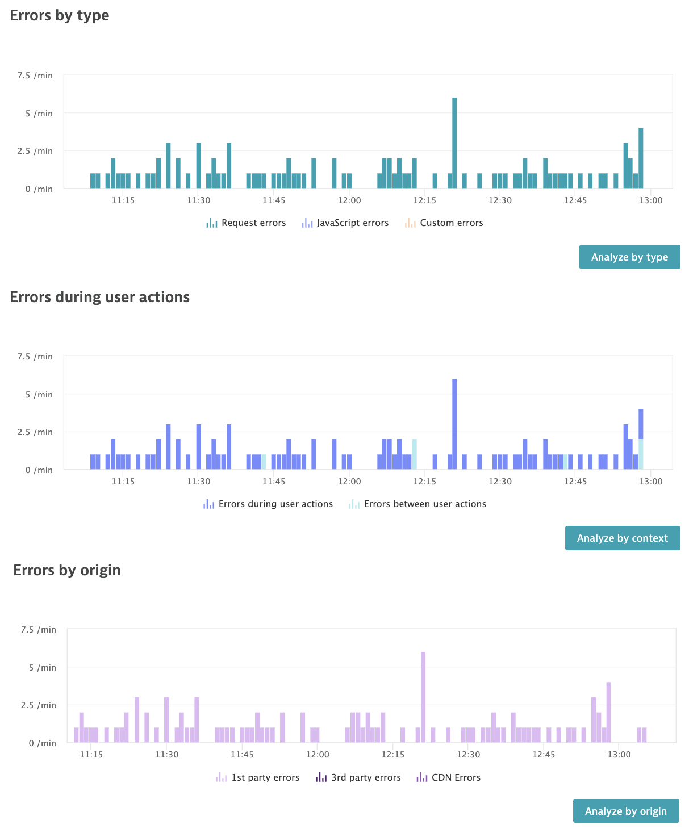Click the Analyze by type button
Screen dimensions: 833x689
(x=629, y=257)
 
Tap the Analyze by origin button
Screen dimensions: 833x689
(x=625, y=811)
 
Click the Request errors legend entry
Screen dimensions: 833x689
(x=246, y=223)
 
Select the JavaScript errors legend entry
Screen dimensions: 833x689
(x=345, y=223)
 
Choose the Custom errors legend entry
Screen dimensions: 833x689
(x=444, y=223)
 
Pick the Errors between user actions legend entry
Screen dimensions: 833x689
(x=417, y=504)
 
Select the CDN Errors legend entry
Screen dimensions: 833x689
(x=448, y=778)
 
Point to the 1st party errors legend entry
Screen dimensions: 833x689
(x=257, y=778)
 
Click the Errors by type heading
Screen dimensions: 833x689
(x=60, y=15)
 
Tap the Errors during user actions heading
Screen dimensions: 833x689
(x=100, y=297)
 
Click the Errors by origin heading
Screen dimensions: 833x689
(x=67, y=570)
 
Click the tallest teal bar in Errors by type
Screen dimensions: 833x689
(x=454, y=142)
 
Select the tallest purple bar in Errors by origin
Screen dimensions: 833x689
(x=423, y=697)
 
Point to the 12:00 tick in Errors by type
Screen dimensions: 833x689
(x=349, y=200)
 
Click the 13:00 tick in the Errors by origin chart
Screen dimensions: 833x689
(x=619, y=755)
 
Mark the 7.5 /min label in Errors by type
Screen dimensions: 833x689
(x=35, y=76)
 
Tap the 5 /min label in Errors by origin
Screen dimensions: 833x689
(x=43, y=668)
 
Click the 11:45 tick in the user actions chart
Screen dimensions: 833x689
(x=274, y=482)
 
